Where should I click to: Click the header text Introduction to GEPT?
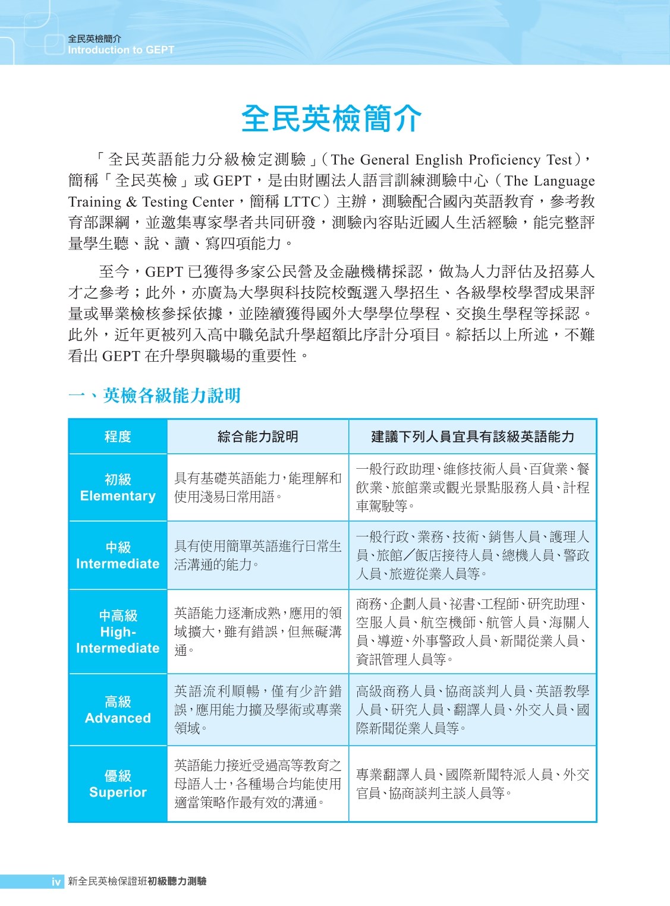[x=121, y=50]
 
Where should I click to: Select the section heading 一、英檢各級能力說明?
[x=154, y=396]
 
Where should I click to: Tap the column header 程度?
[x=118, y=437]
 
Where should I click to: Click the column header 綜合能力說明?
[x=257, y=437]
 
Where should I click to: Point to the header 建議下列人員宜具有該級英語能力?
[x=473, y=437]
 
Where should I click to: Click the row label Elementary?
[x=118, y=496]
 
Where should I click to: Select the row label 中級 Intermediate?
[x=118, y=555]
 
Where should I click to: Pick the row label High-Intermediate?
[x=118, y=640]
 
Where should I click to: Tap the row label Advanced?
[x=118, y=718]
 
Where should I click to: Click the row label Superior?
[x=118, y=792]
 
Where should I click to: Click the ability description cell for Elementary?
[x=257, y=487]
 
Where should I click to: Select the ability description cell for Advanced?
[x=257, y=709]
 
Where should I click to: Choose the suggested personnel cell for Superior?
[x=473, y=784]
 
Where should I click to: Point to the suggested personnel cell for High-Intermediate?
[x=473, y=632]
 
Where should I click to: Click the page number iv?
[x=56, y=882]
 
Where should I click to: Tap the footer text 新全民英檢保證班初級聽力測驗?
[x=137, y=882]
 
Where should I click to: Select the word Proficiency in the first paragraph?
[x=505, y=160]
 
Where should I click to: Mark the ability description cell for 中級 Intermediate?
[x=257, y=555]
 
